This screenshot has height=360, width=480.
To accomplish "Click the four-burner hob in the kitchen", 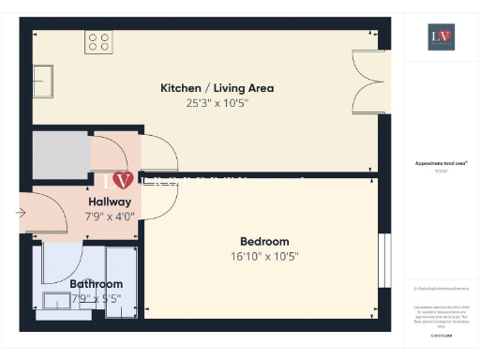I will [97, 42].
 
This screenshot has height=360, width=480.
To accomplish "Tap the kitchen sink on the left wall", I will [43, 75].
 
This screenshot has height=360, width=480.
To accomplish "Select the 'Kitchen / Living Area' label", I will [217, 88].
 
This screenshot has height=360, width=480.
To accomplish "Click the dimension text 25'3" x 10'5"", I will [217, 103].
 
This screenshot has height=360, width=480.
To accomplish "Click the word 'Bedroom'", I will [264, 241].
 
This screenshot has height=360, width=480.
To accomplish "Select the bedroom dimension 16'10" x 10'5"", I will [264, 256].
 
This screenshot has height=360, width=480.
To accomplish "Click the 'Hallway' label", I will [110, 202].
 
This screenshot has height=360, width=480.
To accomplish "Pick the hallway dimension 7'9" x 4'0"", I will [110, 216].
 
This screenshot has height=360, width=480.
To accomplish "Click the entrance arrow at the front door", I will [22, 213].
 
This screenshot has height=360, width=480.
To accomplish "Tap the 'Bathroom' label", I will [96, 284].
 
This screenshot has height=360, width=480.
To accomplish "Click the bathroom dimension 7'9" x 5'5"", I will [96, 299].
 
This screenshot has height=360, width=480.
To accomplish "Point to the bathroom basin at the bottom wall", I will [58, 301].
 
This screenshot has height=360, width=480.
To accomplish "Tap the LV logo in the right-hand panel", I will [441, 37].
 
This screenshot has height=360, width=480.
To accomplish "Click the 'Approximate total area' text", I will [441, 163].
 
